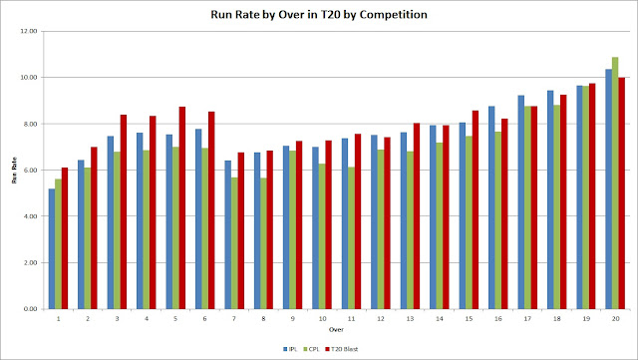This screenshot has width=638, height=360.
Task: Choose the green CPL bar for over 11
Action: click(351, 237)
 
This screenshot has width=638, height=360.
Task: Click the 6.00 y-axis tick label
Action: click(30, 171)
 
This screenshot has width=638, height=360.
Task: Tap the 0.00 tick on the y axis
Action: click(30, 309)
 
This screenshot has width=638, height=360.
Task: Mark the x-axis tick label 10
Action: click(321, 318)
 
